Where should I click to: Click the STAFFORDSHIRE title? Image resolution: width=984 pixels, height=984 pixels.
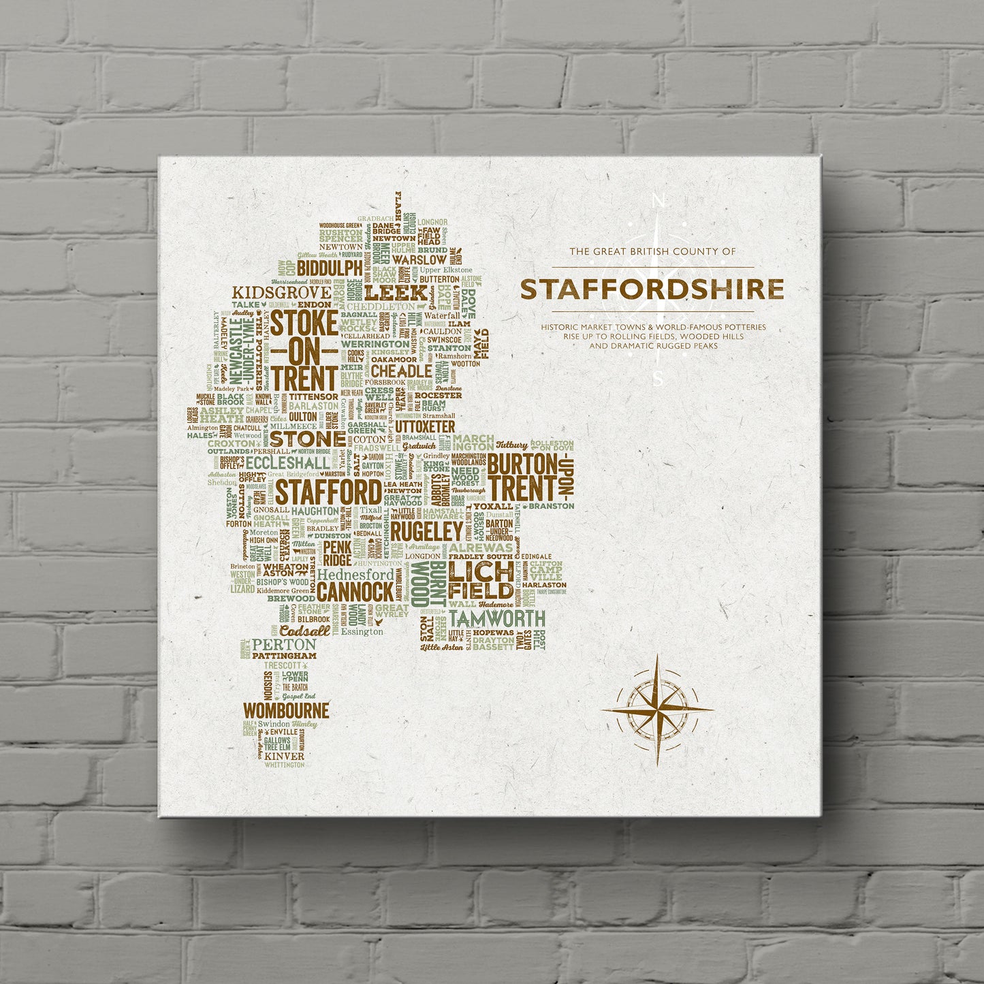click(x=652, y=289)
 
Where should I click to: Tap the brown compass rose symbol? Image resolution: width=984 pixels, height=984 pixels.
click(x=657, y=709)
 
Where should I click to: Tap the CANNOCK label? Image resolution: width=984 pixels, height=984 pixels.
click(x=345, y=592)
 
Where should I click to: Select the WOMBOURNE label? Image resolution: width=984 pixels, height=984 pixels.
click(x=286, y=710)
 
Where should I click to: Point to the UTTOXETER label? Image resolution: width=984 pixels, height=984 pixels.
click(x=424, y=426)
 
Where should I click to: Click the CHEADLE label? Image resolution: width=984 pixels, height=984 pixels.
click(x=401, y=371)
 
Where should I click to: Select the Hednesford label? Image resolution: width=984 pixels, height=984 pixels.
click(x=355, y=574)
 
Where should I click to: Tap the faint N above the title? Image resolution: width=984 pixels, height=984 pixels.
click(x=658, y=200)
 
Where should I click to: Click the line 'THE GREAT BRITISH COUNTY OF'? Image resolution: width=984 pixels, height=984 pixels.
click(x=652, y=251)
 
